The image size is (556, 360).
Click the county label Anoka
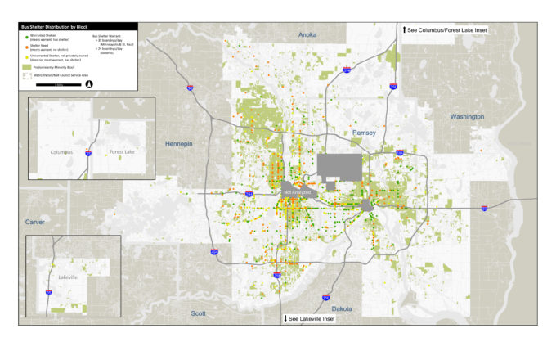pyautogui.click(x=307, y=35)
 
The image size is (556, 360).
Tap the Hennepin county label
pyautogui.click(x=178, y=144)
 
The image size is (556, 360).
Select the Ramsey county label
pyautogui.click(x=364, y=132)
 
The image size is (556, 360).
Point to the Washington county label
pyautogui.click(x=467, y=117)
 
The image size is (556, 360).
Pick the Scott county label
pyautogui.click(x=199, y=313)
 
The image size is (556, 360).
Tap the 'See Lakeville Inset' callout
pyautogui.click(x=309, y=318)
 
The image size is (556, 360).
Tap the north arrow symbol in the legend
pyautogui.click(x=89, y=83)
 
